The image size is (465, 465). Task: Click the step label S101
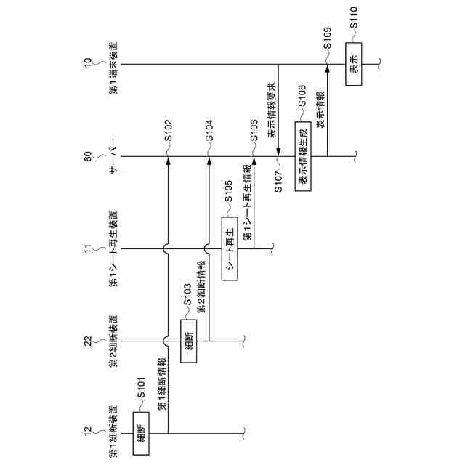[142, 393]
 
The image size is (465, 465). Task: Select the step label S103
[187, 300]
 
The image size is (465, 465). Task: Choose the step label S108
[302, 102]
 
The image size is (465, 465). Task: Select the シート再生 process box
[230, 248]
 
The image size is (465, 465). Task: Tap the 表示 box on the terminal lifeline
[353, 65]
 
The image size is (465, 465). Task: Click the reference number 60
[88, 155]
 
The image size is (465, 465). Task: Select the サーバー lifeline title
[113, 156]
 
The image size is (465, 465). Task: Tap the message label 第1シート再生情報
[246, 206]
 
